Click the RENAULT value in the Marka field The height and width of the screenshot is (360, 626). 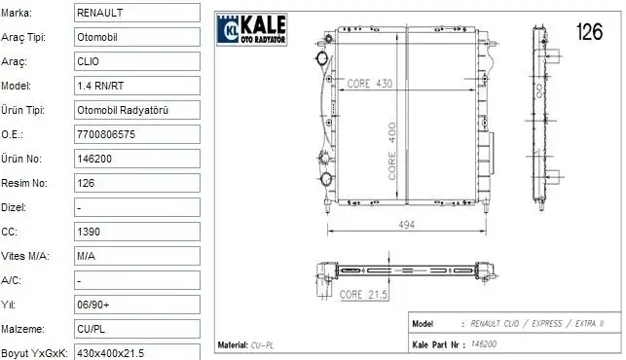[100, 13]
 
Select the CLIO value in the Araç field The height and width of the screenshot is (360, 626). [88, 60]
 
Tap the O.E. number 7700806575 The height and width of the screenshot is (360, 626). [109, 133]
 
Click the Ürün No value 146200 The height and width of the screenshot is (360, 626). [95, 158]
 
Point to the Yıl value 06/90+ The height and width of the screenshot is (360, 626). [92, 304]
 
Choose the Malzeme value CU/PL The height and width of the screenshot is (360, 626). [92, 328]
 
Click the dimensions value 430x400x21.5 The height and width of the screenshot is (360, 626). [110, 351]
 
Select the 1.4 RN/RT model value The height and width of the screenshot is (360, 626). [98, 85]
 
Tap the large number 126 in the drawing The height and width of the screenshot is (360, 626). [590, 32]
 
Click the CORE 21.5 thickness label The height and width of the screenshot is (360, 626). [364, 293]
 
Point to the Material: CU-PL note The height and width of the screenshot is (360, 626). [244, 344]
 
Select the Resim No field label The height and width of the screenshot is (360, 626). [24, 182]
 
